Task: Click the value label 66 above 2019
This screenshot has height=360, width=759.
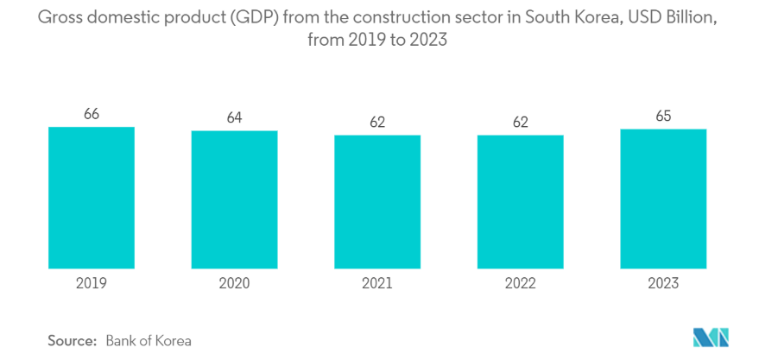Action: [x=92, y=114]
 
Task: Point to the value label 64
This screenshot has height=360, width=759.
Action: [x=234, y=118]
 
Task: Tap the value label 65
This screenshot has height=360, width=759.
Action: [x=663, y=116]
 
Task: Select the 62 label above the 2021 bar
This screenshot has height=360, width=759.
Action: [x=377, y=122]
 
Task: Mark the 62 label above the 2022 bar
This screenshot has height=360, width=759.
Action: [x=520, y=122]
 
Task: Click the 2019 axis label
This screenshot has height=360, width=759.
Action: [x=92, y=283]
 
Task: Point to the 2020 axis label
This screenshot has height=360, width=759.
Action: [x=234, y=283]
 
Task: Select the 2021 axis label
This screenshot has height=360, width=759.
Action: [x=377, y=283]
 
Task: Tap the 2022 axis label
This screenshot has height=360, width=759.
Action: [x=520, y=283]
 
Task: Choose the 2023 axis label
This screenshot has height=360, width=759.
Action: [x=663, y=283]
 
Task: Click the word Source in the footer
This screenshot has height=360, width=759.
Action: [x=72, y=340]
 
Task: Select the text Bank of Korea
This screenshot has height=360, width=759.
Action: [x=149, y=340]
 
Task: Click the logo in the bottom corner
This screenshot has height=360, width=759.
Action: [x=711, y=338]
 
